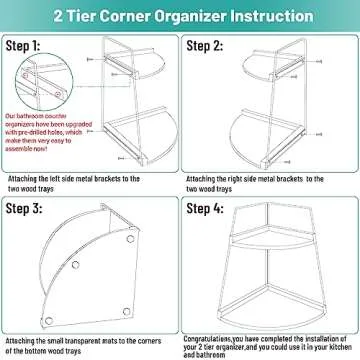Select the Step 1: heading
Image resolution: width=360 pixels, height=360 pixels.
click(x=37, y=46)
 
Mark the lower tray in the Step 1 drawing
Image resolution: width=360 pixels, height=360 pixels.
click(x=130, y=135)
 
